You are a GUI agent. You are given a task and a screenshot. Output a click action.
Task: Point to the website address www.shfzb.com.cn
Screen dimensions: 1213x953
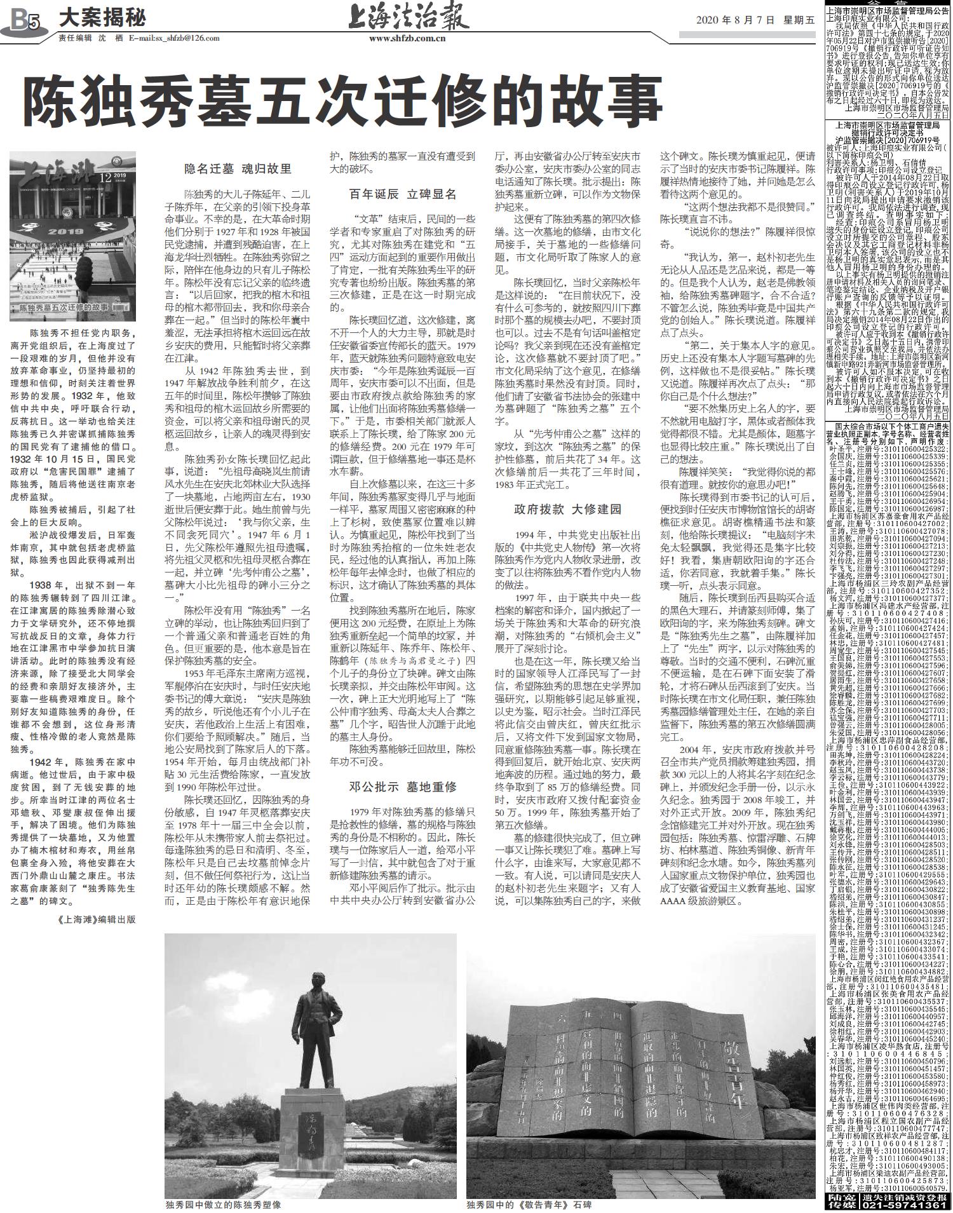407,38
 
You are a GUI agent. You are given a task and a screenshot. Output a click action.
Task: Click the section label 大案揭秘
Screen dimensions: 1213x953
102,18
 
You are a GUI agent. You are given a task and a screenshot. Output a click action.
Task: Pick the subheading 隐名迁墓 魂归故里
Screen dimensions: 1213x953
238,169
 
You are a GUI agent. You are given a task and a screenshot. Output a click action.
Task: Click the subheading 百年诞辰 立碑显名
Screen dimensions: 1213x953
402,194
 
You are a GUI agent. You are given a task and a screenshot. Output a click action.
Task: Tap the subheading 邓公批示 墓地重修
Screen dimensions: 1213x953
402,786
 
